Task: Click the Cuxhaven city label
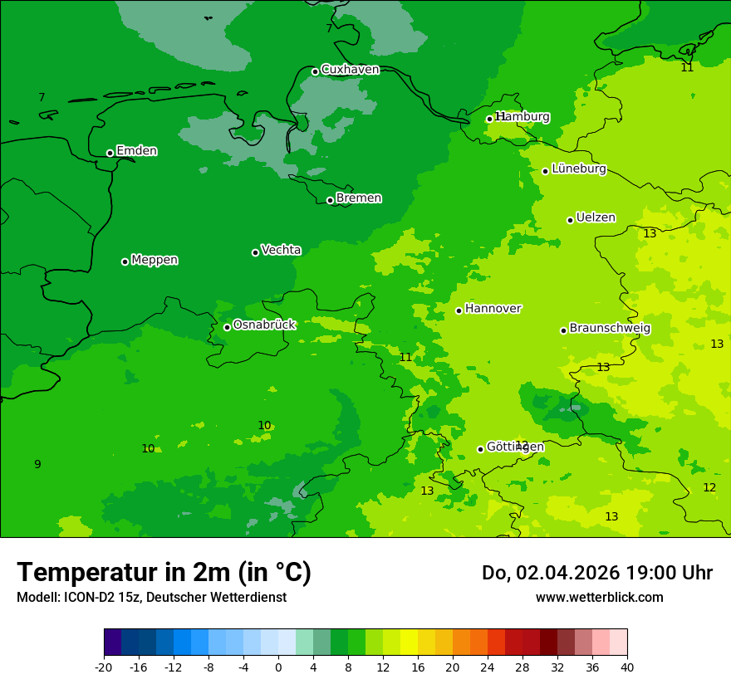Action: pyautogui.click(x=350, y=70)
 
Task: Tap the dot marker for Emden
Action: pyautogui.click(x=110, y=153)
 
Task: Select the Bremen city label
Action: pyautogui.click(x=359, y=198)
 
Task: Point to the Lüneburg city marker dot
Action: pyautogui.click(x=545, y=171)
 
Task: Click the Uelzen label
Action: pyautogui.click(x=596, y=218)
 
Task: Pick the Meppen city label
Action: pyautogui.click(x=155, y=260)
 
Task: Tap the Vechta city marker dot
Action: pyautogui.click(x=255, y=252)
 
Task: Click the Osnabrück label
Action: pyautogui.click(x=264, y=325)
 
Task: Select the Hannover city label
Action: pyautogui.click(x=493, y=309)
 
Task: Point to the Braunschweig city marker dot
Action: pyautogui.click(x=563, y=330)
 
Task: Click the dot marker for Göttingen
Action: pyautogui.click(x=480, y=449)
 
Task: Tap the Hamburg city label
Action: pyautogui.click(x=522, y=117)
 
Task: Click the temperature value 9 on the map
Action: pyautogui.click(x=37, y=464)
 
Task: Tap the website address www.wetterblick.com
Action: pyautogui.click(x=599, y=597)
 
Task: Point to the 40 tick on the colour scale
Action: pyautogui.click(x=627, y=667)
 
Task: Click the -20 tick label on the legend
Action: pyautogui.click(x=103, y=667)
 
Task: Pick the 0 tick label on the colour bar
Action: pyautogui.click(x=278, y=667)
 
